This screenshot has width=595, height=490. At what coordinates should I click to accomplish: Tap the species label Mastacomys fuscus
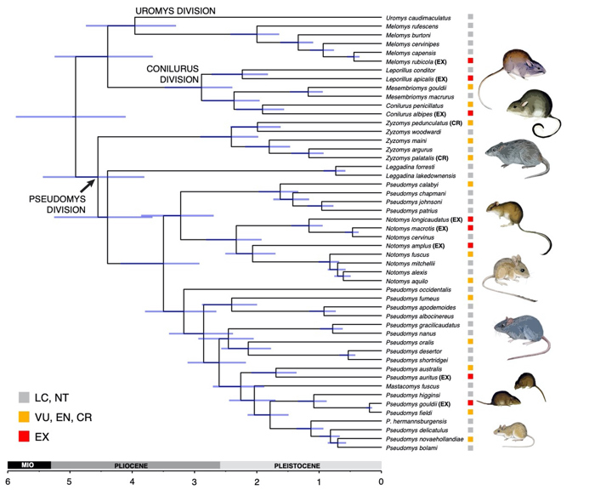(414, 385)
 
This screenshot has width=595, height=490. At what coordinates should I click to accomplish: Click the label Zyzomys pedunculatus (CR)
(423, 123)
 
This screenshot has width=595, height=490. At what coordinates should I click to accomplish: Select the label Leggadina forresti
(411, 168)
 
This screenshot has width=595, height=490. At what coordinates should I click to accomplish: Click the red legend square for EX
(25, 436)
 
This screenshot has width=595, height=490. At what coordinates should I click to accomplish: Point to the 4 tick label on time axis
(132, 481)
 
